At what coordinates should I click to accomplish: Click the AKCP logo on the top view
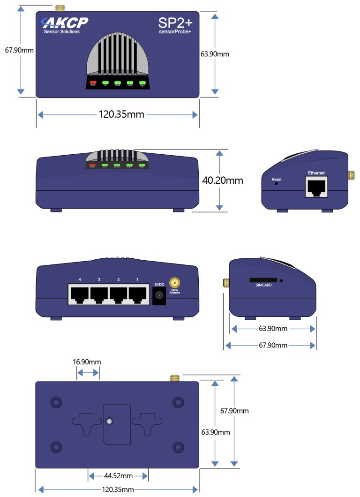click(x=65, y=23)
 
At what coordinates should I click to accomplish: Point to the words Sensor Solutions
click(x=61, y=32)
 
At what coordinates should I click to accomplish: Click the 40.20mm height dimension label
click(x=223, y=180)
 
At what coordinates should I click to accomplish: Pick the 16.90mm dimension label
click(x=87, y=362)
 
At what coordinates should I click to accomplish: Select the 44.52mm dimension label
click(x=118, y=475)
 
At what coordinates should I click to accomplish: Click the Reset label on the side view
click(x=276, y=180)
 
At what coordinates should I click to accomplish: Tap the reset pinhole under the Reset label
click(x=276, y=184)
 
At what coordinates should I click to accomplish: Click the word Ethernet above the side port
click(x=316, y=173)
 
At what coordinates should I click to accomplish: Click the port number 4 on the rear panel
click(x=80, y=280)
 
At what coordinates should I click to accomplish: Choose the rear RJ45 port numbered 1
click(x=137, y=295)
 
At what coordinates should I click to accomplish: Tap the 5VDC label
click(x=159, y=284)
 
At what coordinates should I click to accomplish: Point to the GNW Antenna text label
click(x=174, y=292)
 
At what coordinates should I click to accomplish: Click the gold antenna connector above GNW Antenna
click(x=174, y=283)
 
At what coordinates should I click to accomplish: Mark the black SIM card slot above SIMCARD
click(x=262, y=280)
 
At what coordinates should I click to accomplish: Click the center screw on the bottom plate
click(x=109, y=422)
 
